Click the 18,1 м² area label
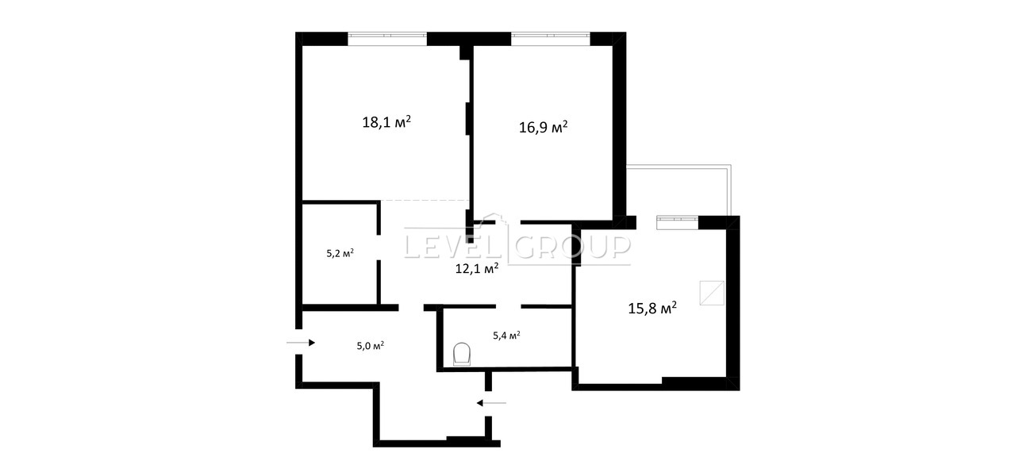tap(386, 122)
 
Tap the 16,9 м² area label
tap(544, 127)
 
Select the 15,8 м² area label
tap(652, 308)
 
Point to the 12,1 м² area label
tap(477, 268)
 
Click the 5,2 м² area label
tap(340, 253)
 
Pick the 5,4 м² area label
tap(506, 336)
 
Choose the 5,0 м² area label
tap(371, 345)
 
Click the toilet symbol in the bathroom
tap(462, 354)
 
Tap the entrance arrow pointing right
tap(301, 343)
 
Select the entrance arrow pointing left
tap(491, 403)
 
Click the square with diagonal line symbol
tap(712, 293)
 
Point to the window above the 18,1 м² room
tap(387, 35)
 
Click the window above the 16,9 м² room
tap(551, 35)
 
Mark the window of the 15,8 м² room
tap(678, 219)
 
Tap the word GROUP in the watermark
tap(572, 246)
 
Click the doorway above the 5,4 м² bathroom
tap(509, 306)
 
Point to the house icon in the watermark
tap(493, 221)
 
